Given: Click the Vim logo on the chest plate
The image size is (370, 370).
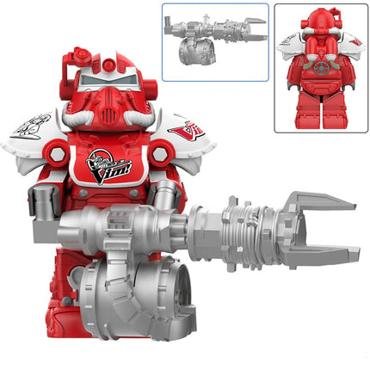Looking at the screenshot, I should point(110,163).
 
